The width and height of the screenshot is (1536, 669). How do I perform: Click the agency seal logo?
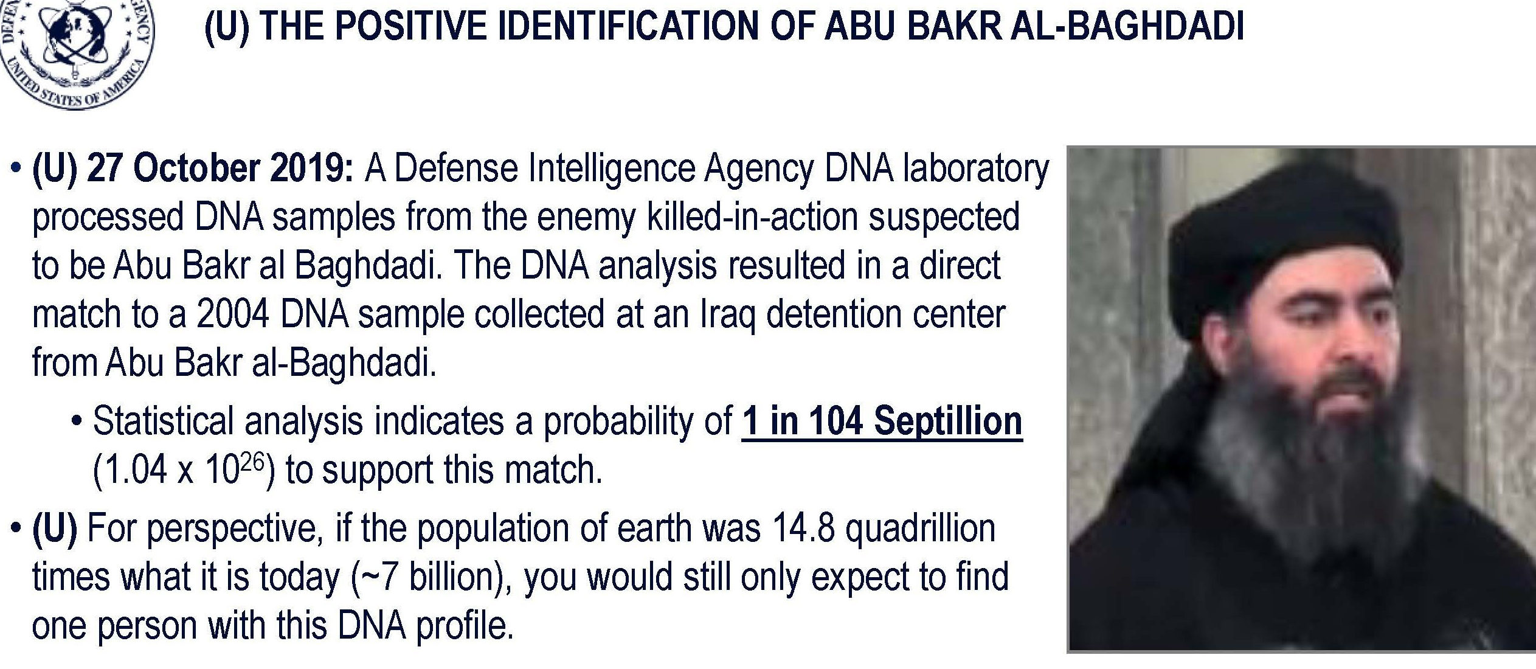(76, 52)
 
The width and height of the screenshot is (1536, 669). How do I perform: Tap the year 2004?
(233, 314)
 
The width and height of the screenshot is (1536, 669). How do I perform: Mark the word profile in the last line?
(464, 626)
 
